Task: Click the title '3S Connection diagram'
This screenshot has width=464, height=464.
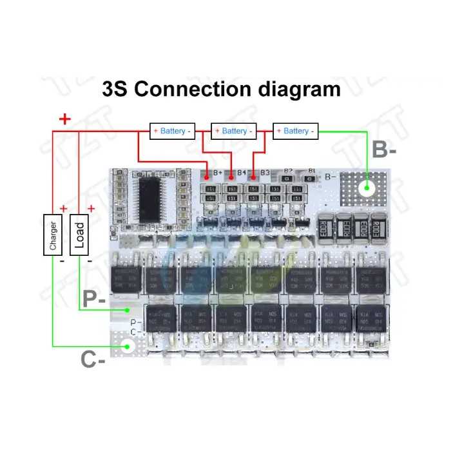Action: click(x=221, y=88)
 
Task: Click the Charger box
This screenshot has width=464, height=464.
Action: click(x=53, y=234)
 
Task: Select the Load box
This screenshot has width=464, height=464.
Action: click(x=79, y=234)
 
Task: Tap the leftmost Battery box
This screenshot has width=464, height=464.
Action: click(x=172, y=131)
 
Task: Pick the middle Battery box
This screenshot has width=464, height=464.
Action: click(x=234, y=131)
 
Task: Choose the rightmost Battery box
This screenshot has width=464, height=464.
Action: click(x=295, y=131)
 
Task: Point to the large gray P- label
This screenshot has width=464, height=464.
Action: click(x=95, y=299)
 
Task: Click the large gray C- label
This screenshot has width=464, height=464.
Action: click(x=94, y=359)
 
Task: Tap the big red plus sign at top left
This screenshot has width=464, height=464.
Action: click(x=64, y=119)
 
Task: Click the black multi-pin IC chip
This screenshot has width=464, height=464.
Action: click(x=153, y=196)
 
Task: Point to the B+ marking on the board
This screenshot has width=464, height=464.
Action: click(x=217, y=173)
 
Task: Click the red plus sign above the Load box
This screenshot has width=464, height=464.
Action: click(x=91, y=208)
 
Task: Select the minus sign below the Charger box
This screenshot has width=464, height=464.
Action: click(x=62, y=262)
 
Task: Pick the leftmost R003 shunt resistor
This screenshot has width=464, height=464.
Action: click(x=327, y=229)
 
